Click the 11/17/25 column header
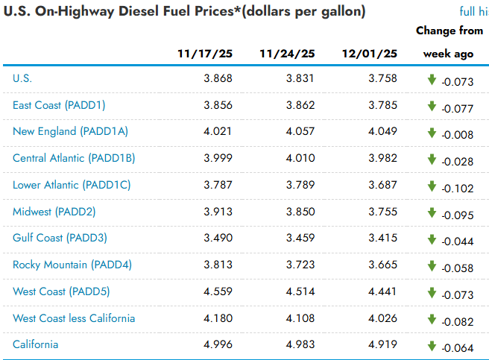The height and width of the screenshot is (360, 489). click(x=205, y=54)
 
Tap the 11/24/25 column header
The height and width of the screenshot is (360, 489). click(x=287, y=54)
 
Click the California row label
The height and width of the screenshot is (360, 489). click(x=36, y=344)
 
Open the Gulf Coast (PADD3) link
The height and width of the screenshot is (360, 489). click(x=60, y=238)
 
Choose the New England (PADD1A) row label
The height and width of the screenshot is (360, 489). click(x=71, y=131)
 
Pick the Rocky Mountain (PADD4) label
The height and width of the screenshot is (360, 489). click(x=72, y=265)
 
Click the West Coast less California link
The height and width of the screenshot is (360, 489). click(x=74, y=318)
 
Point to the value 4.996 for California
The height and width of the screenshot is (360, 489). click(x=218, y=345)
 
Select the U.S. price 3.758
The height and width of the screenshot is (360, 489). click(x=382, y=78)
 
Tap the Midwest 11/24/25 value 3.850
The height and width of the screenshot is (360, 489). click(x=300, y=212)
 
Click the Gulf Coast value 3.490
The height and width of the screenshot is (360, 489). click(x=218, y=239)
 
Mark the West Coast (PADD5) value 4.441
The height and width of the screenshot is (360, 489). click(x=382, y=291)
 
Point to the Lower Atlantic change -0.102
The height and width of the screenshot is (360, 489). click(x=457, y=189)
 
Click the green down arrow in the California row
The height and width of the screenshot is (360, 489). click(x=432, y=346)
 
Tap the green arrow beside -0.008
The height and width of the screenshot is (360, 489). click(x=432, y=133)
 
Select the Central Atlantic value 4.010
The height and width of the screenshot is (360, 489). click(x=300, y=158)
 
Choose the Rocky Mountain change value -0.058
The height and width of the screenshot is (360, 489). click(x=457, y=268)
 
